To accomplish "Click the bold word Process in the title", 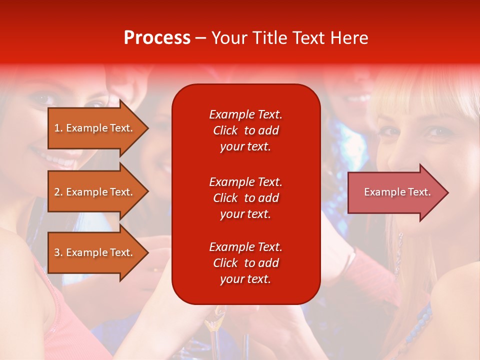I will pyautogui.click(x=157, y=38).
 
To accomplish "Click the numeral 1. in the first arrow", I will pyautogui.click(x=58, y=128).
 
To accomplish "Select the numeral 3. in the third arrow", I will pyautogui.click(x=58, y=252).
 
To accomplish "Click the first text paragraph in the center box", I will pyautogui.click(x=245, y=130).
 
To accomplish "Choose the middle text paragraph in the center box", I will pyautogui.click(x=245, y=198).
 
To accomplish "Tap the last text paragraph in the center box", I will pyautogui.click(x=245, y=263).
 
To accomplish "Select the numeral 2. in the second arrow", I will pyautogui.click(x=58, y=192).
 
